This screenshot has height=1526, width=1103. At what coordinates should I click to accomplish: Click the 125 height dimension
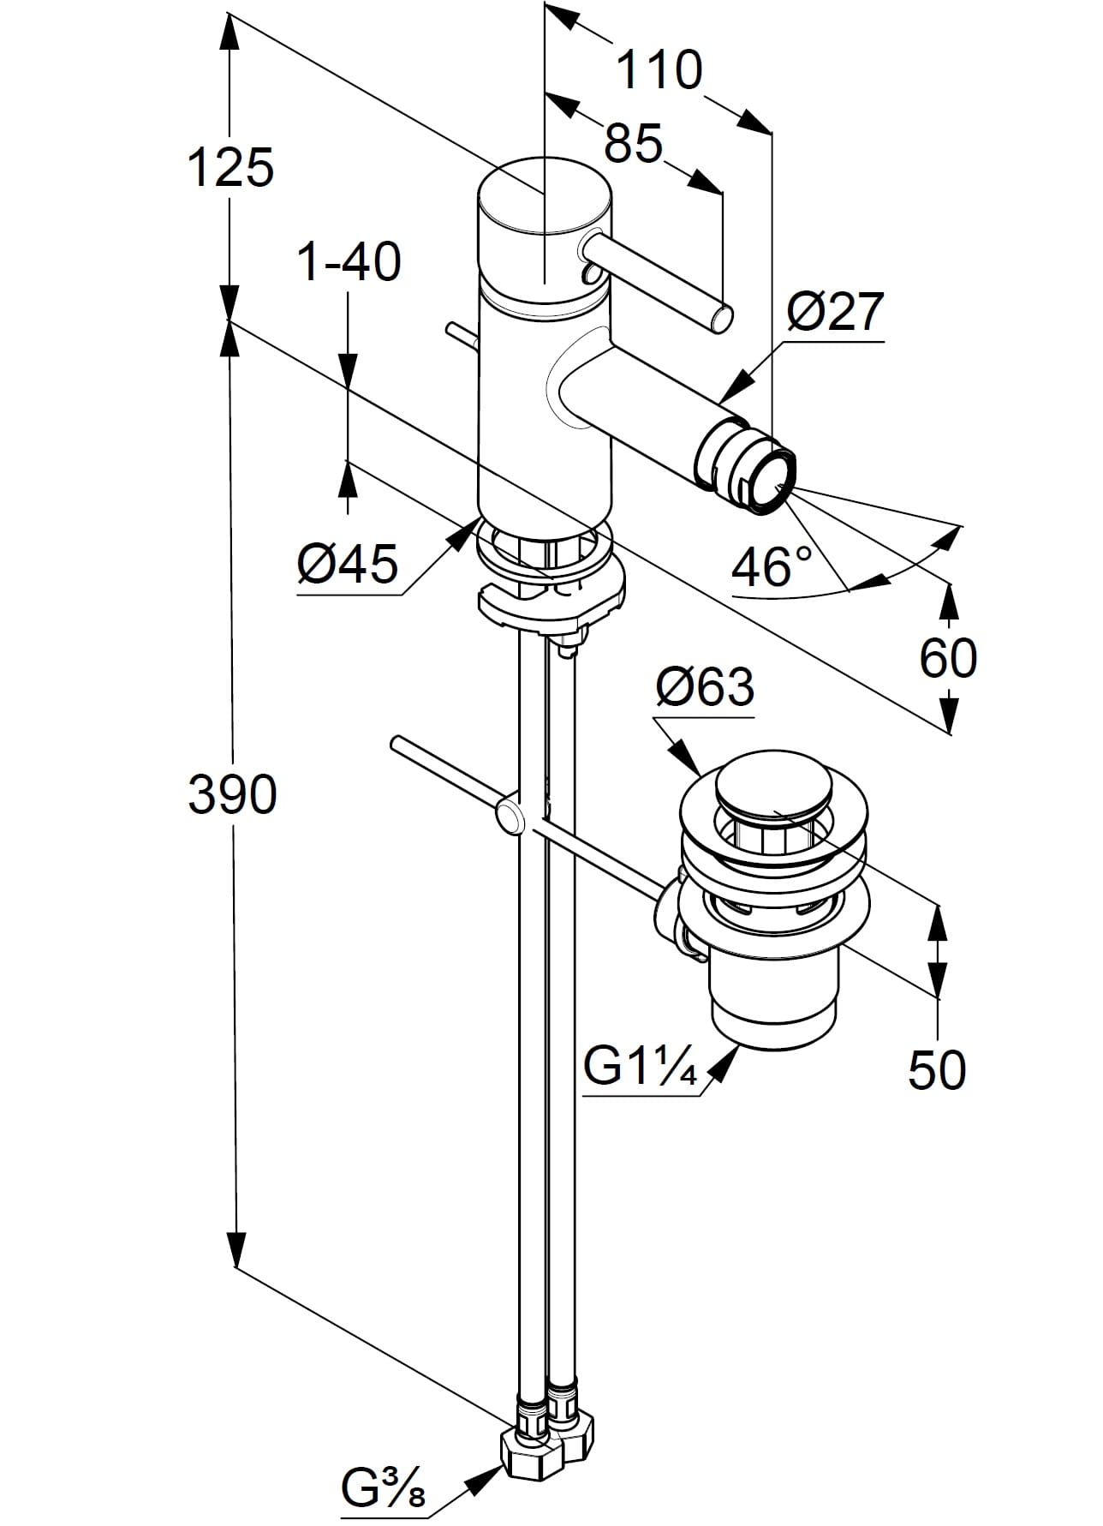coord(230,167)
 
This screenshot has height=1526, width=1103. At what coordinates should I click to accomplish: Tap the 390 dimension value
coord(232,794)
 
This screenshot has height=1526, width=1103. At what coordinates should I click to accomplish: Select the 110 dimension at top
coord(659,70)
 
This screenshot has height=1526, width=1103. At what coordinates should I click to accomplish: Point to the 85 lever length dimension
coord(634,143)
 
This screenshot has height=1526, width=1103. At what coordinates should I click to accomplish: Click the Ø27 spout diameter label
coord(834,311)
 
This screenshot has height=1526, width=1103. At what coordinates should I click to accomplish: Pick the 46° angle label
coord(772,566)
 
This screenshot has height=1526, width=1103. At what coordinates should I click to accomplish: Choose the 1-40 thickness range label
coord(349,261)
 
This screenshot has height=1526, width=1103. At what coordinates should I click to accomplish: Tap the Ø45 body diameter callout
coord(348,564)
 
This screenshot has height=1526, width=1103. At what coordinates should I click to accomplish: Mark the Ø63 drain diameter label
coord(706,686)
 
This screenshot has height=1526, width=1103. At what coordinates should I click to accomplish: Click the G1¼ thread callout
coord(641,1067)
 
